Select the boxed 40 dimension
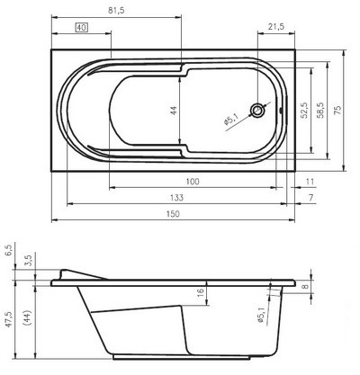click(x=81, y=29)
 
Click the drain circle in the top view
click(x=259, y=111)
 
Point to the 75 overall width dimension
click(x=340, y=110)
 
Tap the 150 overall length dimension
click(x=172, y=213)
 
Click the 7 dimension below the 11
click(x=310, y=197)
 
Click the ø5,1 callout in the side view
click(x=261, y=314)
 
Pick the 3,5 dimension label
click(x=28, y=261)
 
